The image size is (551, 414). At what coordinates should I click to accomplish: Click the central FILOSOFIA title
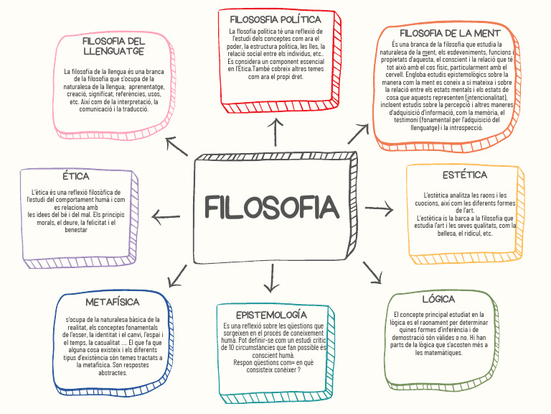(x=271, y=207)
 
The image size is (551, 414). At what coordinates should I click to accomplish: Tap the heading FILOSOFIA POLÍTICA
(x=275, y=19)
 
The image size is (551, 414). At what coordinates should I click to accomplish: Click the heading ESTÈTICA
(x=465, y=175)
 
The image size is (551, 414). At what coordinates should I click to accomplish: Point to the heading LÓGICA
(x=438, y=299)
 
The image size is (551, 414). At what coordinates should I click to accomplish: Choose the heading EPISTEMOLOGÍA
(x=271, y=315)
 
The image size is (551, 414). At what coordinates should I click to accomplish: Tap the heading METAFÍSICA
(x=113, y=302)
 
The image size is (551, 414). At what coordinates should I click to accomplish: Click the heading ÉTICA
(x=75, y=177)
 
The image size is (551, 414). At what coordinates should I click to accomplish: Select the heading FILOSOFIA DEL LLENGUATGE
(x=114, y=47)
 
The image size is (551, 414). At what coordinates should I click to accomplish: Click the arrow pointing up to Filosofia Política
(x=275, y=132)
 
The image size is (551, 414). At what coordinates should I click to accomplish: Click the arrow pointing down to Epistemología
(x=271, y=279)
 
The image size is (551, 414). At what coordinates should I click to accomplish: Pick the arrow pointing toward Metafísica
(x=176, y=276)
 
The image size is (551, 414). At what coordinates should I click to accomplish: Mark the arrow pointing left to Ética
(x=167, y=216)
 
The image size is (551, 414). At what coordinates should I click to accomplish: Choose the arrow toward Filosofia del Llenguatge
(x=177, y=146)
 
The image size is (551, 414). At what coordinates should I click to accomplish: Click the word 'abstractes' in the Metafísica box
(x=113, y=373)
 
